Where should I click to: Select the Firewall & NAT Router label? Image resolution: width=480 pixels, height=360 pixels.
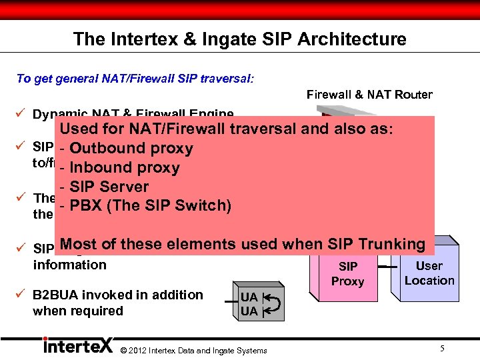pyautogui.click(x=369, y=95)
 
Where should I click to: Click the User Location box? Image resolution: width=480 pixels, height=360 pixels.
pyautogui.click(x=429, y=273)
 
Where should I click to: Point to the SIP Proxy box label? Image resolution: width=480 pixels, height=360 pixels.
pyautogui.click(x=347, y=274)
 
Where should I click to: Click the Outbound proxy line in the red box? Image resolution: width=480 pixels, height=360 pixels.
pyautogui.click(x=131, y=149)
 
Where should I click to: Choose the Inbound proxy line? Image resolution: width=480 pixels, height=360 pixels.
pyautogui.click(x=124, y=167)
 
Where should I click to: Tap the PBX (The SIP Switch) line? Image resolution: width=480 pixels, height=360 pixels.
pyautogui.click(x=150, y=205)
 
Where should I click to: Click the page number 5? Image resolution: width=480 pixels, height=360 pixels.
pyautogui.click(x=443, y=347)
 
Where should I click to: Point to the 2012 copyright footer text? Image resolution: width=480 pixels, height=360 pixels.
pyautogui.click(x=193, y=351)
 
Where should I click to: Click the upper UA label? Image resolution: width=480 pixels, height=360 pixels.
pyautogui.click(x=249, y=297)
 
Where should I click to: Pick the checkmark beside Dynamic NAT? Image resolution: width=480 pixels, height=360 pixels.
pyautogui.click(x=21, y=114)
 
